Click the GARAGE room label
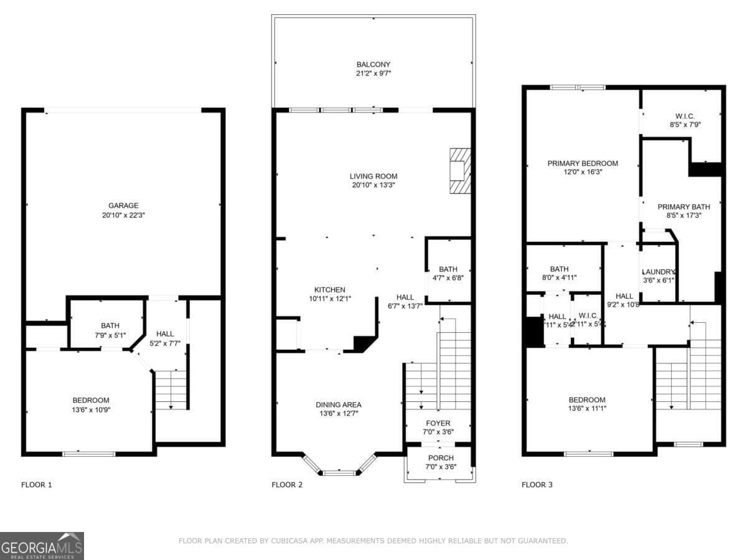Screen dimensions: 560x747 [123, 205]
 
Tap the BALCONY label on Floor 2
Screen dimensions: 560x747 [374, 64]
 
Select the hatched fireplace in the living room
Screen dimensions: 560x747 [459, 170]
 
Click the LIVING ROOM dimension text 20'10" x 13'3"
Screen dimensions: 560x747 [373, 185]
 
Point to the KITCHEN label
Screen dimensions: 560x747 [329, 289]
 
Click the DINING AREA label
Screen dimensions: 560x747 [338, 404]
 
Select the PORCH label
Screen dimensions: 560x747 [440, 458]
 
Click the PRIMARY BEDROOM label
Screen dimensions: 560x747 [583, 163]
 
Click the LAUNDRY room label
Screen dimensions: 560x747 [659, 272]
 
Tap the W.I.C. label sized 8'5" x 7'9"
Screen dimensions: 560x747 [685, 116]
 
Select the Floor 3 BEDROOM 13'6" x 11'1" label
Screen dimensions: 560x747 [587, 399]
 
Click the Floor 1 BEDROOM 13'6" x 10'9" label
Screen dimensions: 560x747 [91, 400]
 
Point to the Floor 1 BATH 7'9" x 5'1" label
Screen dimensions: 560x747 [110, 325]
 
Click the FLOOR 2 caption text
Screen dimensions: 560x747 [287, 485]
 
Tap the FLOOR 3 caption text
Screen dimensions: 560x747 [537, 485]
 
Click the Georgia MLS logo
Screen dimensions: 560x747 [42, 546]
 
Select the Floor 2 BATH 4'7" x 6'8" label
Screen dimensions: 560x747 [448, 269]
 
